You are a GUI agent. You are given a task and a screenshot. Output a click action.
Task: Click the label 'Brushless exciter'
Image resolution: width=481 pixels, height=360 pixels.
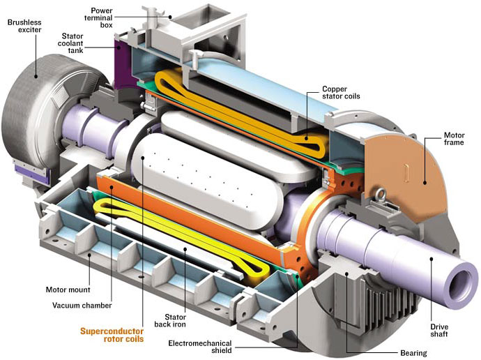[24, 26]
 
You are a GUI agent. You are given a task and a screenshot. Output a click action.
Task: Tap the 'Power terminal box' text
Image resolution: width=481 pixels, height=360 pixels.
[98, 18]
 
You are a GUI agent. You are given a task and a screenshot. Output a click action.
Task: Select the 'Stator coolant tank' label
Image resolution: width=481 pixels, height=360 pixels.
[70, 43]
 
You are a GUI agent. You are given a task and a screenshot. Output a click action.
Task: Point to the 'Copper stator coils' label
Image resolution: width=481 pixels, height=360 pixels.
[341, 92]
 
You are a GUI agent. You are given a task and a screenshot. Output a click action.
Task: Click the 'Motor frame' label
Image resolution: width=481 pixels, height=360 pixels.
[454, 139]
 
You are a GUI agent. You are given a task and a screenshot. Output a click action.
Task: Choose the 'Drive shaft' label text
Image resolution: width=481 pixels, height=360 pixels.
[439, 330]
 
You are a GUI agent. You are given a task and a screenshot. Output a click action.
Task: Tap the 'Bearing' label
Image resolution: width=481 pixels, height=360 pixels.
[413, 353]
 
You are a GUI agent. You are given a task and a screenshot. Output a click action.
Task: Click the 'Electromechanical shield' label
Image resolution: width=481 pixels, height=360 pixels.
[200, 347]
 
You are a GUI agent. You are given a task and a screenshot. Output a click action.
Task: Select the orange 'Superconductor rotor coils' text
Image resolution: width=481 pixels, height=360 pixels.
[112, 335]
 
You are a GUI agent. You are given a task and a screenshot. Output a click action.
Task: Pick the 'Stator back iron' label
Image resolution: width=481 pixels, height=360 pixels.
[170, 320]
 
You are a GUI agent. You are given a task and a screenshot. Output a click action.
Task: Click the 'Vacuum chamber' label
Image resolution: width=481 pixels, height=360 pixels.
[82, 306]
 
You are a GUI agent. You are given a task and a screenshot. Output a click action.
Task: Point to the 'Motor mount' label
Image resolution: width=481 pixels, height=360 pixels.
[68, 290]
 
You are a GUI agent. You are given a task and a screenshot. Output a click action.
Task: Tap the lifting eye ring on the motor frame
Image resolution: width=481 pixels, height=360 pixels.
[382, 194]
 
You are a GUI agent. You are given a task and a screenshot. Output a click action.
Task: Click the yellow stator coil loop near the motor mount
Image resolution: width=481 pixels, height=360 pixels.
[181, 237]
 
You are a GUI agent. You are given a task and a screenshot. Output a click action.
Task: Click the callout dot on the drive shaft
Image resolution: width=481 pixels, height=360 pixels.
[432, 259]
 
